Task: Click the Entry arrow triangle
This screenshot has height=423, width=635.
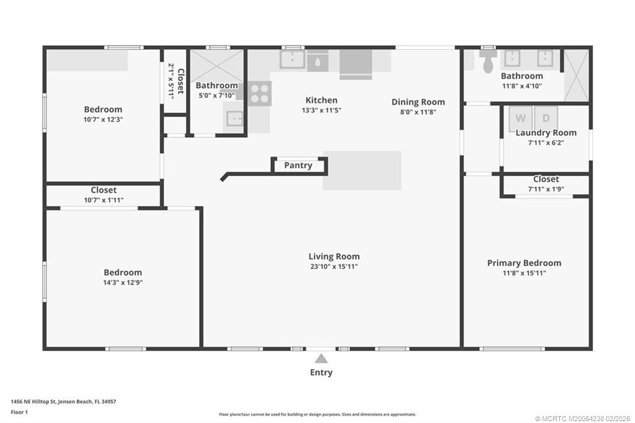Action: point(321,358)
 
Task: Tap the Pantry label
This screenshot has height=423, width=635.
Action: point(298,166)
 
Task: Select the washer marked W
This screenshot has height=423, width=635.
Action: point(520,118)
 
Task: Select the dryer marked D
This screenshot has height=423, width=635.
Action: point(546,118)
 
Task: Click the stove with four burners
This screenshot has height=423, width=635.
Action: point(260,92)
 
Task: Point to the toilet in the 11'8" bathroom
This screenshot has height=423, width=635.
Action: point(488,61)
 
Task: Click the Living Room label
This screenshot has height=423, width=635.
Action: point(334,256)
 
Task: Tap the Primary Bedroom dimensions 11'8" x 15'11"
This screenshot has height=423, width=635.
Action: point(524,273)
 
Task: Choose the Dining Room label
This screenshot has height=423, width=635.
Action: point(418,102)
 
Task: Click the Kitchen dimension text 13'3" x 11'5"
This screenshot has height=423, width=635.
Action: point(321,110)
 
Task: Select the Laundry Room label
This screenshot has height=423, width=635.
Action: point(546,133)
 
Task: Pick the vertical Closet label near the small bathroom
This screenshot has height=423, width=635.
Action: point(180,81)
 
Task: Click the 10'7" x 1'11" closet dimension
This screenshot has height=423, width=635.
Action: point(104,200)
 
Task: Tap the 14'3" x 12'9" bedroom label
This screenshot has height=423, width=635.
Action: point(123,272)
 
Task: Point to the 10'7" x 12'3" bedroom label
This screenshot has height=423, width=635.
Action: point(103,109)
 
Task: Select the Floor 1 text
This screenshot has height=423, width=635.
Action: point(20,411)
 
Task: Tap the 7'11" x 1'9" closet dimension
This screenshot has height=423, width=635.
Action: point(546,189)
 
